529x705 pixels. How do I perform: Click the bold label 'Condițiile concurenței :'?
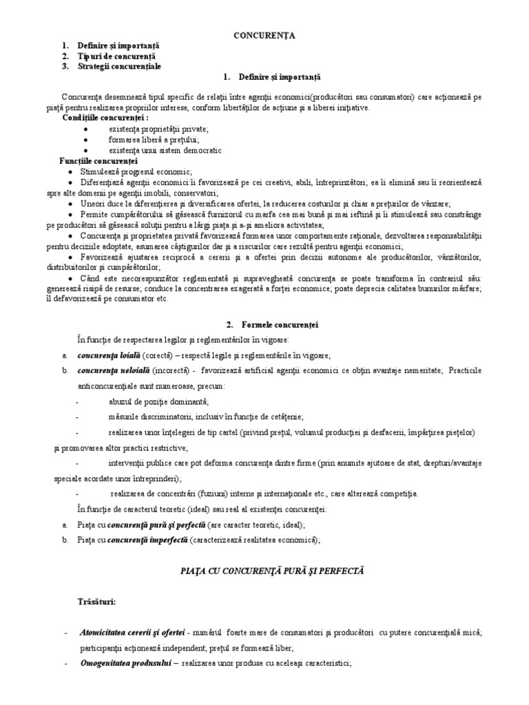point(105,118)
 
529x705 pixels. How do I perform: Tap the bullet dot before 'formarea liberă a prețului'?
point(85,139)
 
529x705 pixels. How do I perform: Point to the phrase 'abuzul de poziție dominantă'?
point(158,401)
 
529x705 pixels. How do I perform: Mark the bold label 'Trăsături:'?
point(96,602)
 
